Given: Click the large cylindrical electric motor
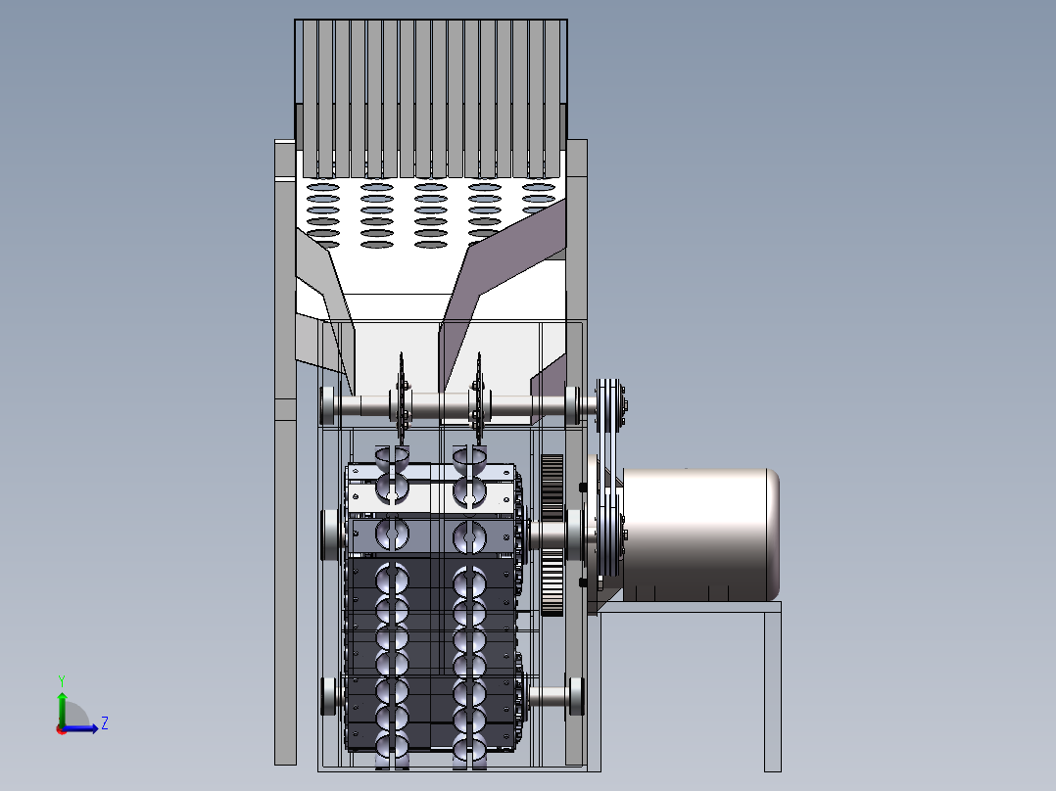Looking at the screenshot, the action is point(700,535).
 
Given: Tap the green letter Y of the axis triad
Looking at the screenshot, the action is point(62,680).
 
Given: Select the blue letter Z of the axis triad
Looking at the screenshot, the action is point(105,723).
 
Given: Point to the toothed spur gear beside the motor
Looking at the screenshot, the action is point(552,535).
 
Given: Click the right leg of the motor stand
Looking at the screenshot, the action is point(773,691).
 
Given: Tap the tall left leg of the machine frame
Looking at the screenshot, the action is point(286,452).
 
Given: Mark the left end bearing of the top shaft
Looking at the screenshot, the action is point(329,405).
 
